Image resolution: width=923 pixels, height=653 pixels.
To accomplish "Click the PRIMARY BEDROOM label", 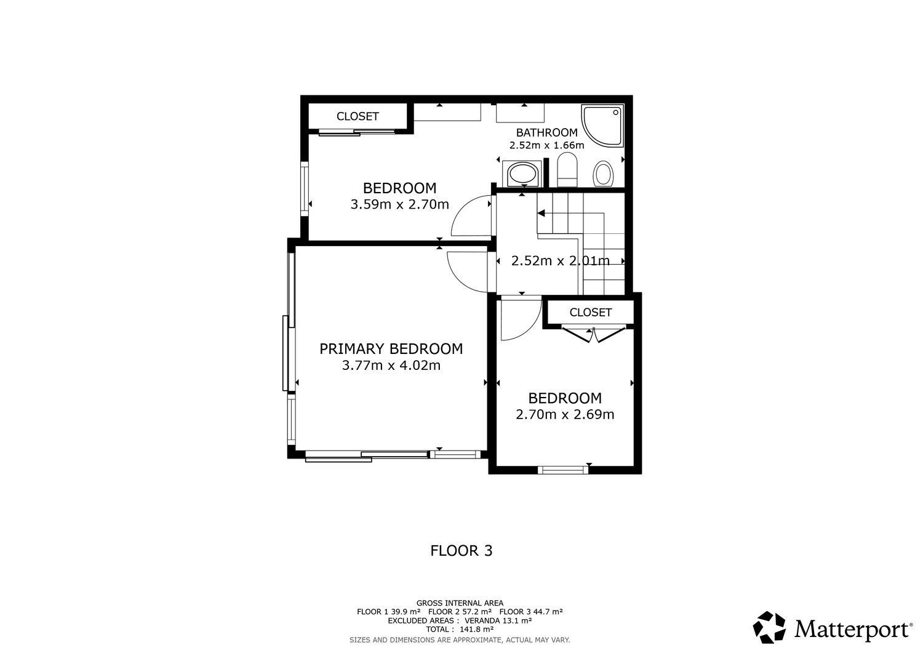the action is pos(391,349).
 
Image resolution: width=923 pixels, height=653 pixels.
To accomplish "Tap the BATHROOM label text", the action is pos(547,133).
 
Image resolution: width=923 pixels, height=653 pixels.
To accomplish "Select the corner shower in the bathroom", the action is pos(602,125).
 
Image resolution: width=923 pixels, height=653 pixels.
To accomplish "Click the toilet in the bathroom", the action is pos(567,169).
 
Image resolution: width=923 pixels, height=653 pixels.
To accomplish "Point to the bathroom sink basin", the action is pos(522,173).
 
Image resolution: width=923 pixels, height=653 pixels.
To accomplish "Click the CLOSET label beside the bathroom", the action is pos(358,116).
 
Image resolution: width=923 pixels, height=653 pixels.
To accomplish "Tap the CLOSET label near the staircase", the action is pos(591,312).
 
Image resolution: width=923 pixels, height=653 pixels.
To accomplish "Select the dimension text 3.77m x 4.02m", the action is pos(391,365).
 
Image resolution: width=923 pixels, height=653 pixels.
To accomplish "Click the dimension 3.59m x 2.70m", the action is pos(400,204).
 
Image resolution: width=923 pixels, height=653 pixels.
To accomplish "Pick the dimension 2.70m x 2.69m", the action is pos(565,414).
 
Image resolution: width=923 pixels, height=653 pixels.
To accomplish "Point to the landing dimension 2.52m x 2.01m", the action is pos(561,260).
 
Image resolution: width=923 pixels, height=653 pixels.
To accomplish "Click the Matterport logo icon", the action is pos(769,627).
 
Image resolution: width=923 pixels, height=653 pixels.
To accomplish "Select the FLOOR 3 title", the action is pos(461,551).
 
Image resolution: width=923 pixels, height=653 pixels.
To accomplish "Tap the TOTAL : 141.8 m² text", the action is pos(460,629).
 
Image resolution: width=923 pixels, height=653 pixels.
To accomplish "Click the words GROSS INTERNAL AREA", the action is pos(460,603).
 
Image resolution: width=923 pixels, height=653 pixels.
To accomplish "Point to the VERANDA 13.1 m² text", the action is pos(498,620).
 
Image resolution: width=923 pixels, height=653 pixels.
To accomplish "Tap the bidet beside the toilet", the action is pos(604,173).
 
